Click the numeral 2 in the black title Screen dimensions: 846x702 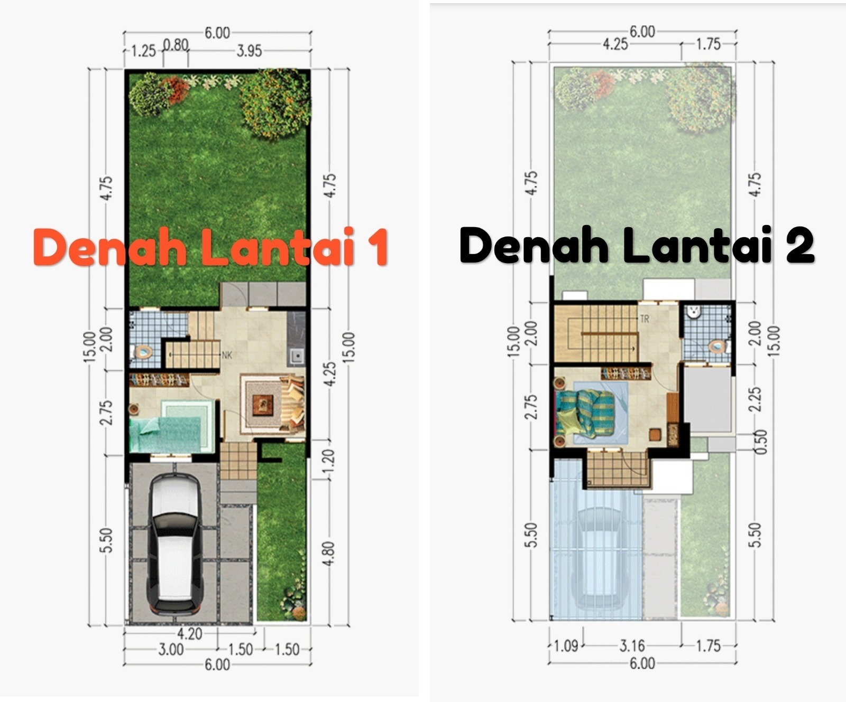point(799,244)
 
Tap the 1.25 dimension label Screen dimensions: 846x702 point(143,51)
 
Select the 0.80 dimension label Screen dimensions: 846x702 point(176,45)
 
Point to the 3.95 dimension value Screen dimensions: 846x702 point(249,51)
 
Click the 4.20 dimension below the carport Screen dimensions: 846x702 point(189,633)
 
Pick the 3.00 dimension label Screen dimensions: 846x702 point(171,649)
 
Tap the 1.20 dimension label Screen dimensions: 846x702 point(328,462)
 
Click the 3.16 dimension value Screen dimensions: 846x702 point(632,645)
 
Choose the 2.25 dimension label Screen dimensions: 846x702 point(756,399)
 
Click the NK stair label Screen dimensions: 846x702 point(227,355)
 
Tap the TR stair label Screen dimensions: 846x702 point(645,319)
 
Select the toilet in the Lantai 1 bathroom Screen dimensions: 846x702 point(141,350)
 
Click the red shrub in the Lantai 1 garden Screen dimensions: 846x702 point(176,89)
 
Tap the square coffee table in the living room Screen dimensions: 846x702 point(263,405)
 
